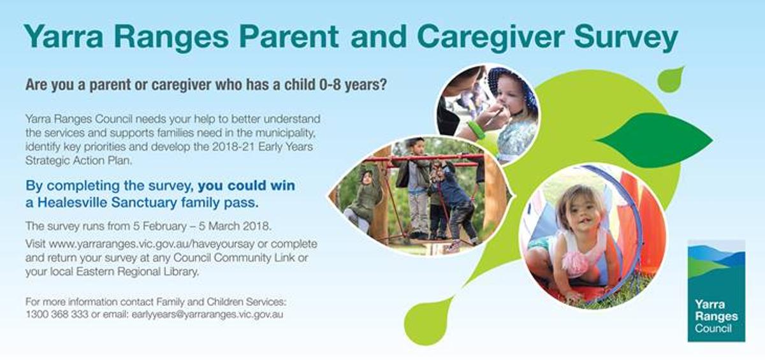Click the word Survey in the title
tap(626, 38)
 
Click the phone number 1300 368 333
tap(57, 314)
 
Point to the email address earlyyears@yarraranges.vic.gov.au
tap(207, 315)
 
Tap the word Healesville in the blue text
tap(72, 203)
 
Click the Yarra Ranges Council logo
tap(716, 291)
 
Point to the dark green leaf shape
tap(654, 140)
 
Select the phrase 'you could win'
tap(246, 185)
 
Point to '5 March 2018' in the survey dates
tap(235, 226)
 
